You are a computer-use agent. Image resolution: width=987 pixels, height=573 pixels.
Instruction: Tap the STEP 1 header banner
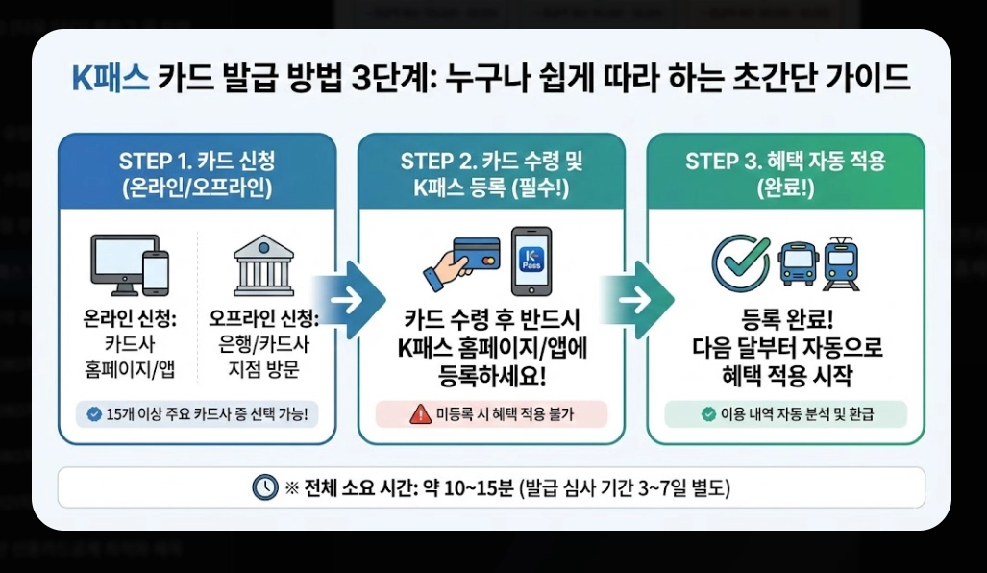[x=197, y=173]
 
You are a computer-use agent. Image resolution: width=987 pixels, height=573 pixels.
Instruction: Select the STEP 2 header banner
[x=491, y=173]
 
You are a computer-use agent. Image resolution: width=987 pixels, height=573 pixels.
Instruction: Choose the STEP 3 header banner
[x=785, y=173]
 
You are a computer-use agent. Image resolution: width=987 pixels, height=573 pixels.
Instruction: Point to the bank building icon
[x=263, y=264]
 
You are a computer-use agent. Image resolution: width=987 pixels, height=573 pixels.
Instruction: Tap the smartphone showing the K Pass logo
[x=531, y=261]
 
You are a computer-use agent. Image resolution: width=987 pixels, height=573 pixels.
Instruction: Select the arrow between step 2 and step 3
[x=637, y=299]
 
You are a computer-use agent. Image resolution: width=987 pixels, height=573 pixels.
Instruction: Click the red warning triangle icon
[x=420, y=414]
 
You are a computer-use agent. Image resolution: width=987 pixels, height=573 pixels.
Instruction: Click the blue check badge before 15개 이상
[x=93, y=414]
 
